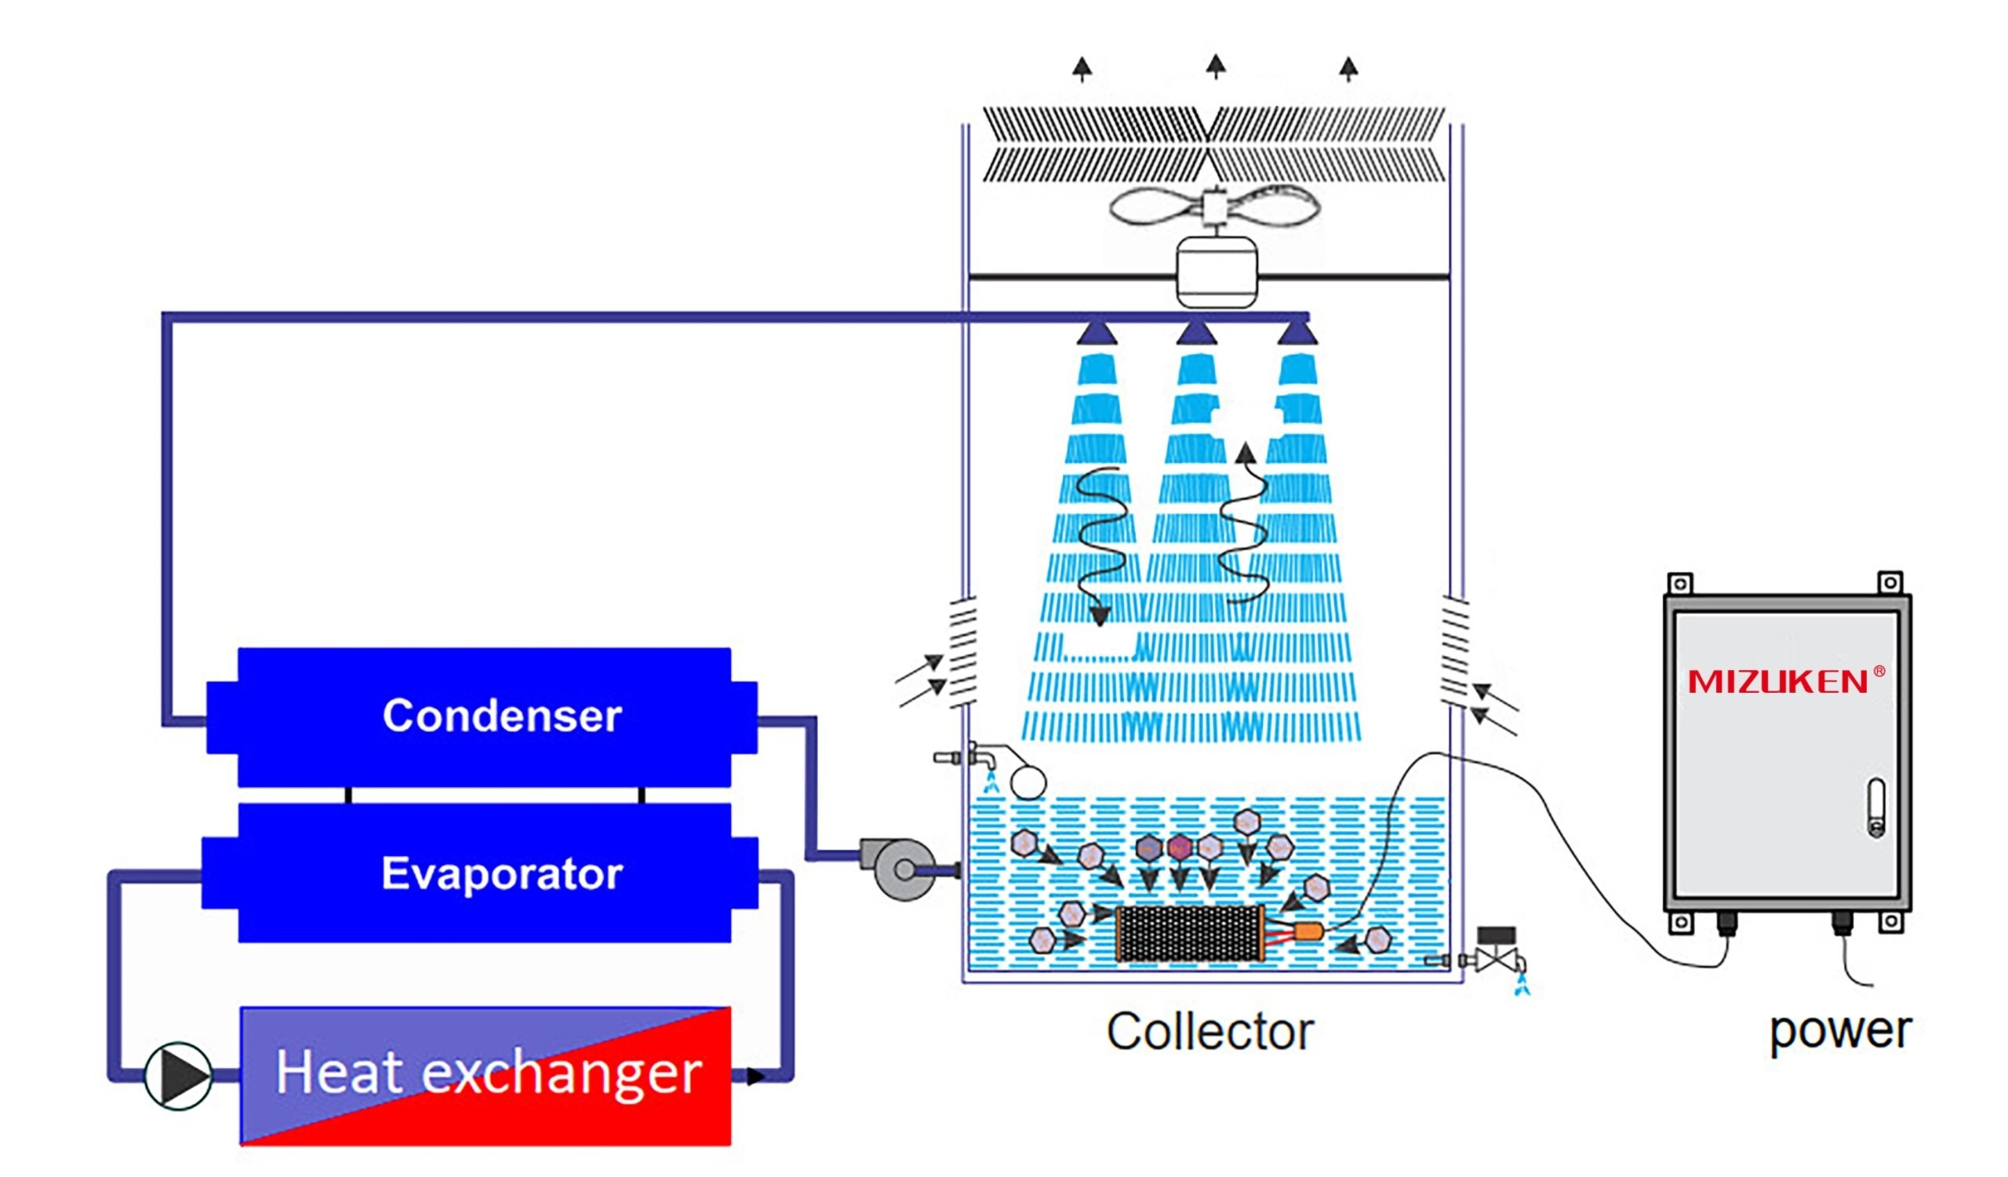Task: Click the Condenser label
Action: click(x=502, y=715)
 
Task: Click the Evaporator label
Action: click(x=502, y=873)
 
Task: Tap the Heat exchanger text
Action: click(x=489, y=1072)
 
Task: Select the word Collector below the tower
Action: click(x=1210, y=1031)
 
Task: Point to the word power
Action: click(x=1840, y=1031)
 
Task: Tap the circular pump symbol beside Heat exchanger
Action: click(x=179, y=1075)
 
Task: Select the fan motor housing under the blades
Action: click(x=1217, y=271)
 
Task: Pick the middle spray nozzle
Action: click(x=1196, y=332)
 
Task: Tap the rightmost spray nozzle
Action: click(x=1297, y=332)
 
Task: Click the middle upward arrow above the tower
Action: click(x=1215, y=66)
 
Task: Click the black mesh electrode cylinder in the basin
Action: click(x=1190, y=933)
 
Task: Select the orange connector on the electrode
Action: click(x=1308, y=931)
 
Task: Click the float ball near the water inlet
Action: click(x=1028, y=782)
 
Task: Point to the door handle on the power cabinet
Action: click(x=1876, y=808)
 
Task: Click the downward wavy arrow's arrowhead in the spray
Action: click(x=1100, y=616)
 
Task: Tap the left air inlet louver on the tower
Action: click(x=962, y=651)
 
